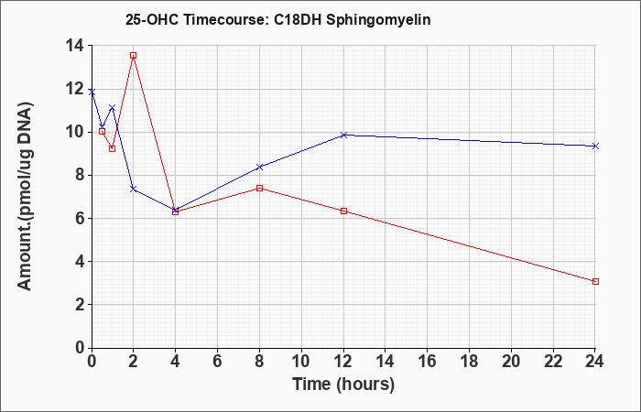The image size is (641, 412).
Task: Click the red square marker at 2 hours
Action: [x=134, y=56]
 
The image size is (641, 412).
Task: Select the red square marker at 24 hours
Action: [x=595, y=282]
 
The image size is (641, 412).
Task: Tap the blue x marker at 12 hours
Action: [x=343, y=135]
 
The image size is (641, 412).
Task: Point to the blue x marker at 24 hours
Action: [x=595, y=146]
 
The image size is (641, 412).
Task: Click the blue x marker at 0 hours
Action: [x=92, y=92]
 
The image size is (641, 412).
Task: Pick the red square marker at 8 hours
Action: [x=259, y=188]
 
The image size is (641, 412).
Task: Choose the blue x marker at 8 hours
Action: [x=259, y=168]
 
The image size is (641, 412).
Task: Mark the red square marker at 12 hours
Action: [x=343, y=211]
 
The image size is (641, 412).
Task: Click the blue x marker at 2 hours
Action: [x=134, y=189]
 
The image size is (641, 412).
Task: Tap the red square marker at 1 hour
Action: [x=113, y=148]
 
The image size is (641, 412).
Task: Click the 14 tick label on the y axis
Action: [x=75, y=46]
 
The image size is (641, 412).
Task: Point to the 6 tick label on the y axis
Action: [x=81, y=219]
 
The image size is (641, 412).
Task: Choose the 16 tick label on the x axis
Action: [x=428, y=362]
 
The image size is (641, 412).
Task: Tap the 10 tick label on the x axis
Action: [x=301, y=362]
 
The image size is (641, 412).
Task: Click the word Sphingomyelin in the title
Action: [x=378, y=20]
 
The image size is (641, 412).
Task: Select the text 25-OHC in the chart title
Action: [x=152, y=20]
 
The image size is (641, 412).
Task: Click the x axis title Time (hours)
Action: [x=343, y=385]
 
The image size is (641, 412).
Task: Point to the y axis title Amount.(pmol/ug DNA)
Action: [x=25, y=196]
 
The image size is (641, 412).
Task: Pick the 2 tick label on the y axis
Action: [x=81, y=305]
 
